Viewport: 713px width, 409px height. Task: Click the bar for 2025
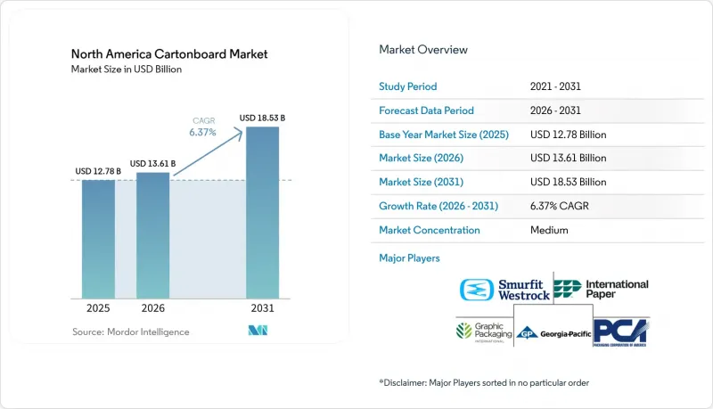point(98,239)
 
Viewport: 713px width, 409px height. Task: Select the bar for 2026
point(152,235)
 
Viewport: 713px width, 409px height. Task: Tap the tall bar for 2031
point(262,213)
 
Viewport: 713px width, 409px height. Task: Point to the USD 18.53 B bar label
point(262,118)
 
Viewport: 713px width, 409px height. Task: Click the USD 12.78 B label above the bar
point(98,171)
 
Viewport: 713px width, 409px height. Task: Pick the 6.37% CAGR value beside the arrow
point(203,132)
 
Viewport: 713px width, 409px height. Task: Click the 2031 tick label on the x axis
point(262,308)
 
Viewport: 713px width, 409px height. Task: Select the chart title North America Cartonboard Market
point(169,54)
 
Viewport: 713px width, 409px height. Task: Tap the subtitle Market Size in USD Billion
point(127,70)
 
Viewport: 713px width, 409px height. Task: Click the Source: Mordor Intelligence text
point(130,331)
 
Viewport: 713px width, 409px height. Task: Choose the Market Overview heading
point(423,50)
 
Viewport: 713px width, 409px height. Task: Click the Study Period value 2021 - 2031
point(555,86)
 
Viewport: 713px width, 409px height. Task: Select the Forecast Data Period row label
point(427,110)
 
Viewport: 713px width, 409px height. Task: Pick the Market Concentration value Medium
point(549,230)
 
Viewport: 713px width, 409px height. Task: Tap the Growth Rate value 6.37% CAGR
point(560,206)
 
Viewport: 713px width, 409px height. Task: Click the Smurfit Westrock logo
point(504,290)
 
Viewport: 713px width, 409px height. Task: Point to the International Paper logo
point(601,289)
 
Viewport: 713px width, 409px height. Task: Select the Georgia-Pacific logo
point(553,333)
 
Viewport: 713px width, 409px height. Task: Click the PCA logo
point(621,332)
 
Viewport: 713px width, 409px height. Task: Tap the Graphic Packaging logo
point(484,332)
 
